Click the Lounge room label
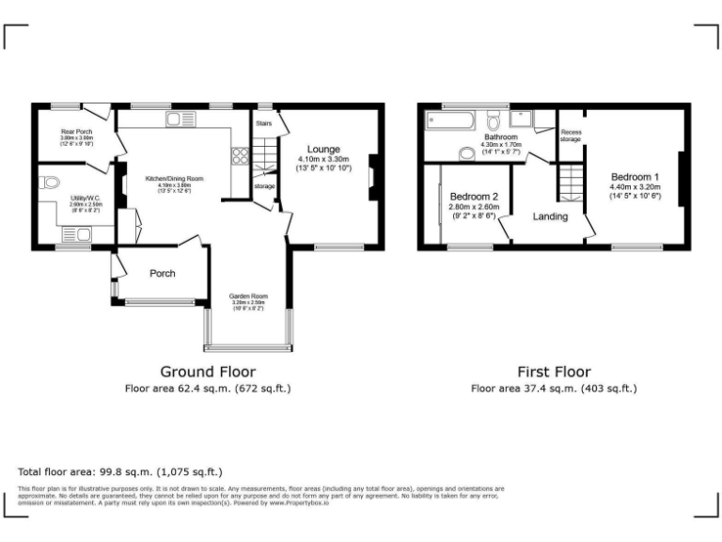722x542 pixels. click(322, 149)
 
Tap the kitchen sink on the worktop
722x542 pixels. click(174, 119)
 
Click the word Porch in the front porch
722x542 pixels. click(163, 274)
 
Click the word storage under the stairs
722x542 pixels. click(265, 186)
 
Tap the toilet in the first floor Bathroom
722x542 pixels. click(493, 120)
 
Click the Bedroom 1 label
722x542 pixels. click(635, 177)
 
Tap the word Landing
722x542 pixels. click(550, 216)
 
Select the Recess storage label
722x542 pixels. click(571, 135)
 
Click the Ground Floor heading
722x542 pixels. click(208, 372)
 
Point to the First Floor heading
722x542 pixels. click(554, 372)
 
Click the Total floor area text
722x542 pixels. click(119, 471)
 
